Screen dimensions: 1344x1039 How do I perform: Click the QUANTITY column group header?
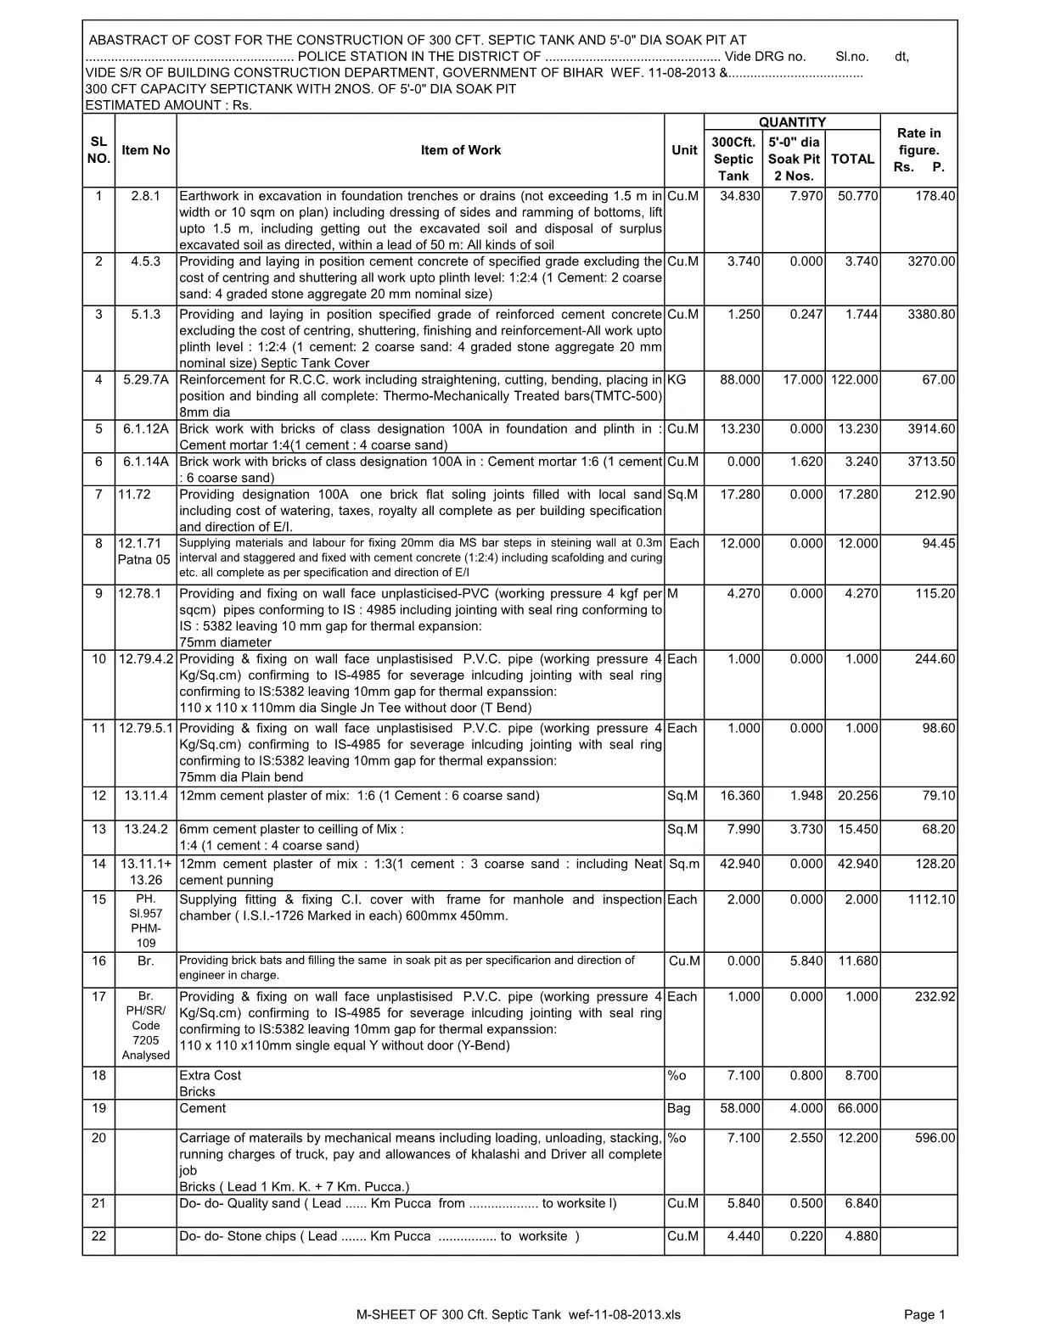792,122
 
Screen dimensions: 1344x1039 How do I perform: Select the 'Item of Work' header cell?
461,150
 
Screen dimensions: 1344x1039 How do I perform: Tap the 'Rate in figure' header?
918,150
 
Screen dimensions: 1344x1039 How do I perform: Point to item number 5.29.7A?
146,380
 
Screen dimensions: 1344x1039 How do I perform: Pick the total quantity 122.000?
854,380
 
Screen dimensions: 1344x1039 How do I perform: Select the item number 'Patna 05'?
144,560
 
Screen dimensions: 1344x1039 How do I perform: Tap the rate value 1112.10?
931,900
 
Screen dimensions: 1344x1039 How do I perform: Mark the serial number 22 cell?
98,1236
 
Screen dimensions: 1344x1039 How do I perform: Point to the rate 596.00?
935,1139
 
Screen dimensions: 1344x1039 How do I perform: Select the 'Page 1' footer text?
924,1316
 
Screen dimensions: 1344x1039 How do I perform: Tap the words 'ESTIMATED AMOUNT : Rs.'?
169,105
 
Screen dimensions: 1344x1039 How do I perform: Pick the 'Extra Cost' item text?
211,1076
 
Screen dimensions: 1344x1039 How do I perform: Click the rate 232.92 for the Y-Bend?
935,997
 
